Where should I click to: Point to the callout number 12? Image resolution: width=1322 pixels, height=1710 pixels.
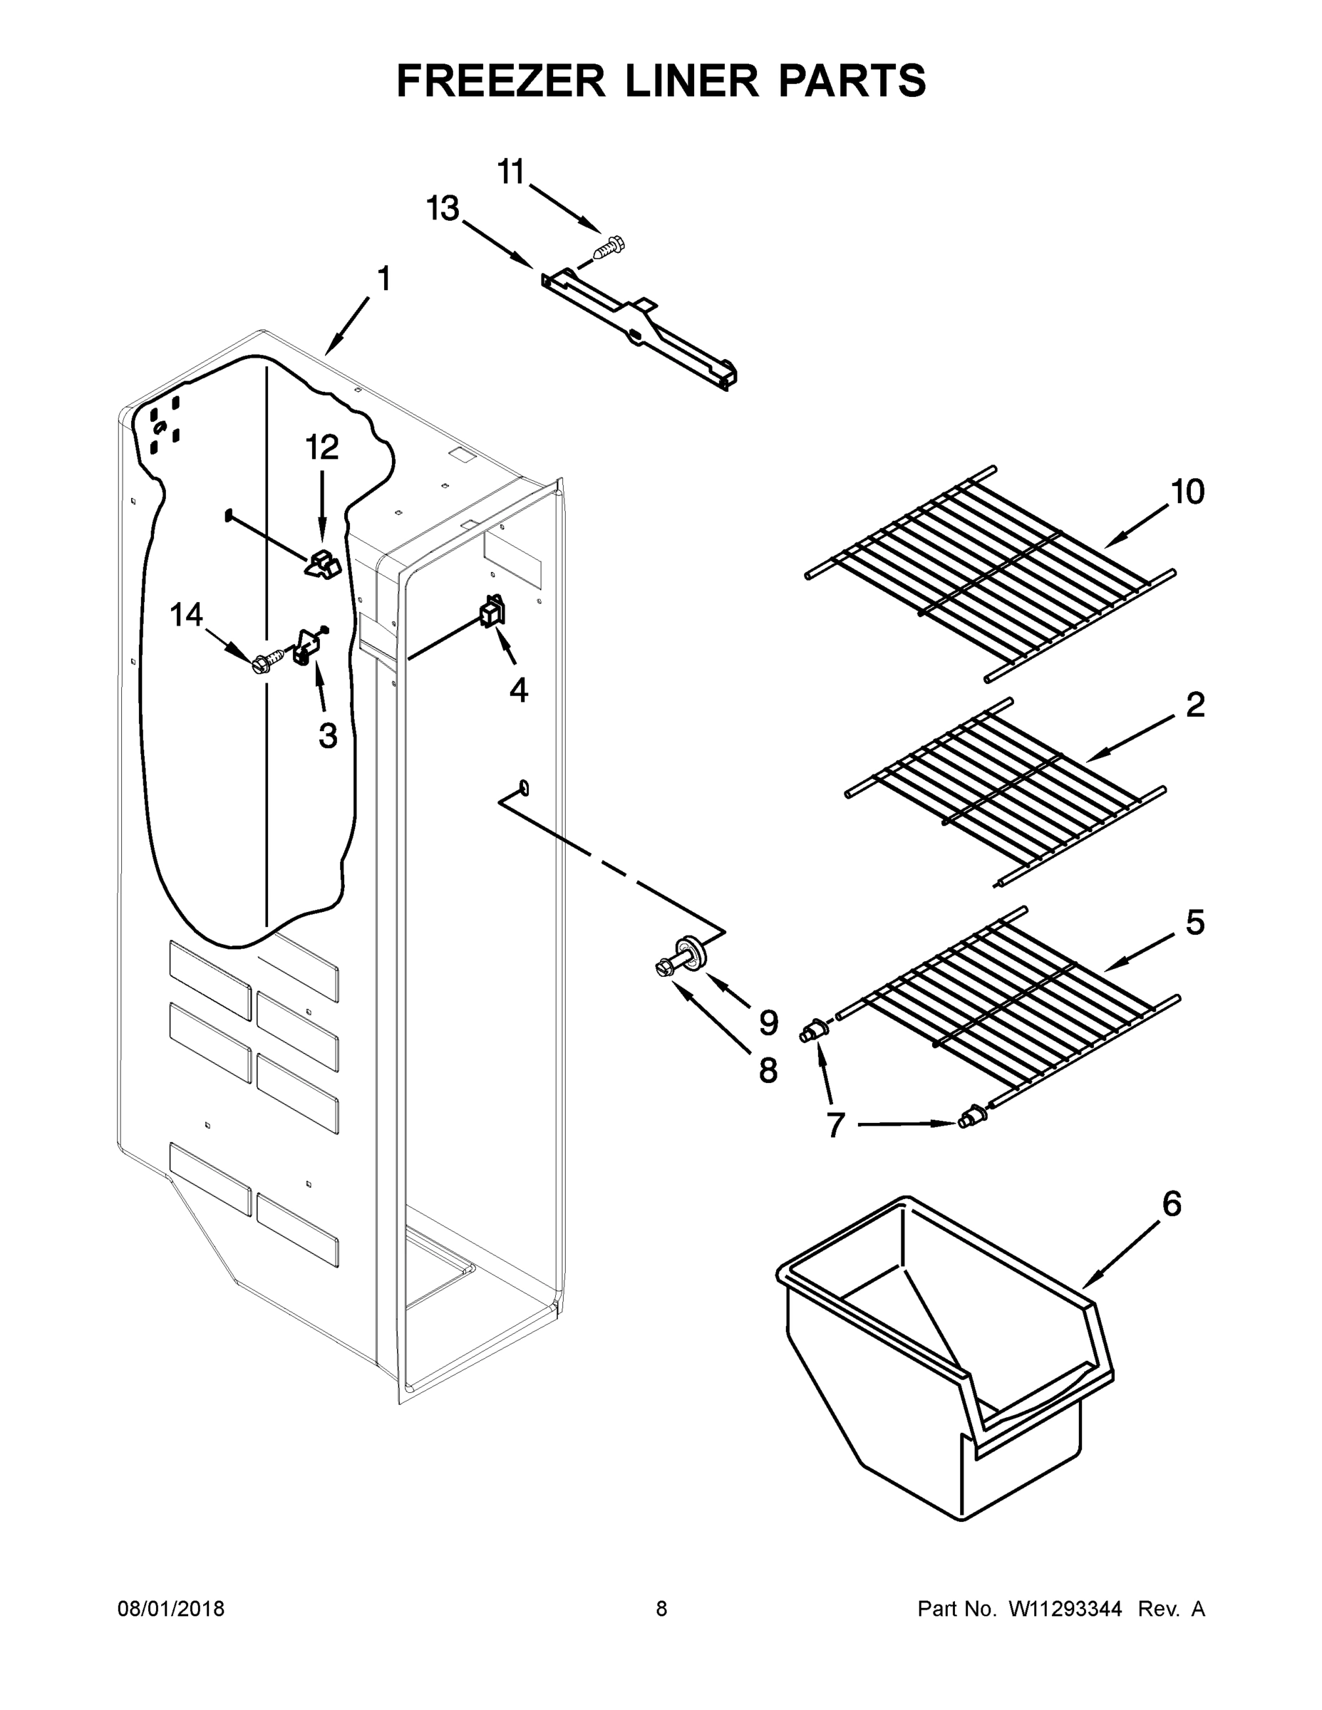[321, 448]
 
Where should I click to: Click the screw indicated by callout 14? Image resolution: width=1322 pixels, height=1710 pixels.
[267, 663]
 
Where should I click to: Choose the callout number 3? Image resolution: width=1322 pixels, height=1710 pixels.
[327, 735]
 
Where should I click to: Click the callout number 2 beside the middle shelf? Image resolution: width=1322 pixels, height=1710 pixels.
[1195, 705]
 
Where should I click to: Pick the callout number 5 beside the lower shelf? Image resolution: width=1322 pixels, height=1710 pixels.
[1194, 923]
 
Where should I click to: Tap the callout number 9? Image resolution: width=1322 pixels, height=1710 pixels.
[768, 1022]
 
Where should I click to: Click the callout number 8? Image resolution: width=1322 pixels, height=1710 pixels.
[768, 1070]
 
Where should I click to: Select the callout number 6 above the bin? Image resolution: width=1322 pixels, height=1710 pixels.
[1172, 1203]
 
